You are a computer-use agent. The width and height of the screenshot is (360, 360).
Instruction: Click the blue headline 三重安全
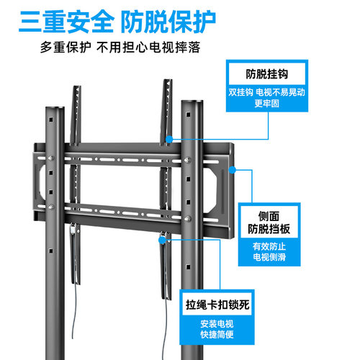click(66, 22)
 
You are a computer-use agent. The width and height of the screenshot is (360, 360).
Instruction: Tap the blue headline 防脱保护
click(168, 22)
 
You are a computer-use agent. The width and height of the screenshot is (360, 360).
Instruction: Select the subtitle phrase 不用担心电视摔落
click(148, 48)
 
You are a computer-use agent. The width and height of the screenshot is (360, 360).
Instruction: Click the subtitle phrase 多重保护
click(66, 48)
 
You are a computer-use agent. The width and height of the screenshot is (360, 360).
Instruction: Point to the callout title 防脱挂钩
click(267, 74)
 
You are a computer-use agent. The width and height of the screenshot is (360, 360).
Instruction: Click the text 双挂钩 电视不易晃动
click(266, 92)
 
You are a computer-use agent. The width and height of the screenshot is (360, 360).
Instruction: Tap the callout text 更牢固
click(267, 104)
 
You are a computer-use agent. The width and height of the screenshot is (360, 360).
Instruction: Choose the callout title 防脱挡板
click(269, 229)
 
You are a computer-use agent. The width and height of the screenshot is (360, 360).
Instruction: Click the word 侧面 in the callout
click(269, 216)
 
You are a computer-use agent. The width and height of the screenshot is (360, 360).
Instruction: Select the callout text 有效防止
click(269, 246)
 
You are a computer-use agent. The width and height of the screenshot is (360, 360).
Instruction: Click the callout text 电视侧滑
click(269, 257)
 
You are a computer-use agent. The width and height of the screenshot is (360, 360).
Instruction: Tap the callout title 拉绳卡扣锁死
click(217, 305)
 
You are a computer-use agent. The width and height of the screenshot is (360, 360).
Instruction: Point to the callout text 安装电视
click(217, 324)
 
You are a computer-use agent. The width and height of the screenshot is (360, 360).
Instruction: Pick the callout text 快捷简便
click(217, 334)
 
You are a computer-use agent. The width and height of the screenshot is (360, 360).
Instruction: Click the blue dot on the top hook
click(169, 139)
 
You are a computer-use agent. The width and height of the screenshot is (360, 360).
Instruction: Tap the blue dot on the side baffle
click(232, 170)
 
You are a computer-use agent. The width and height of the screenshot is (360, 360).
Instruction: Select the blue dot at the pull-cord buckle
click(163, 240)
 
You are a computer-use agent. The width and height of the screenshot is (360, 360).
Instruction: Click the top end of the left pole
click(55, 108)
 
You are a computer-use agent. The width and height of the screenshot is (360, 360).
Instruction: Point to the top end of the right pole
click(192, 102)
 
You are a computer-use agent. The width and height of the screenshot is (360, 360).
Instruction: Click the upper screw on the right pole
click(187, 160)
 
